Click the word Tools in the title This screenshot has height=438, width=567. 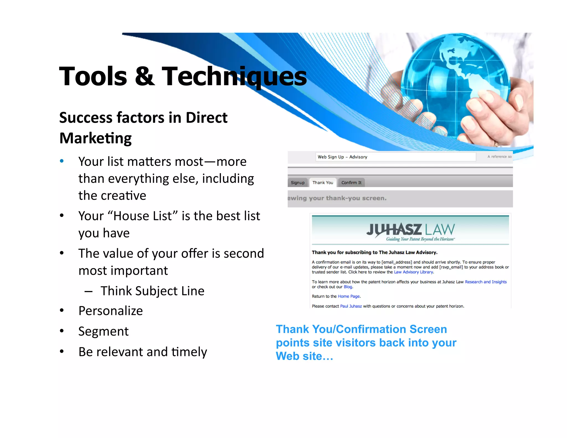click(93, 76)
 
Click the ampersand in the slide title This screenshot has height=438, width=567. click(145, 76)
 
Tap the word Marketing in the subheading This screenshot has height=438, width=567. click(96, 138)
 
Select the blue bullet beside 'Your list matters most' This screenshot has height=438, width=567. click(62, 161)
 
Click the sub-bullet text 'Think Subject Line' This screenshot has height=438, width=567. click(152, 291)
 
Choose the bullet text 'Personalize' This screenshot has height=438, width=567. click(110, 311)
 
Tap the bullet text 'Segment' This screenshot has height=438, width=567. click(103, 331)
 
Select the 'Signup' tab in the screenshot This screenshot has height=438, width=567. click(298, 183)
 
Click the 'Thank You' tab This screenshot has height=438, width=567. click(323, 183)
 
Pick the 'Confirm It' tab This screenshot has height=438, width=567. click(351, 183)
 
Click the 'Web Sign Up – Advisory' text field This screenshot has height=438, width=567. click(395, 157)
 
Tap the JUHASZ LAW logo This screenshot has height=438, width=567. click(410, 231)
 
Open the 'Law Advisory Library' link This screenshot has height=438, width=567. click(413, 272)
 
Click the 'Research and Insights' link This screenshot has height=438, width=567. click(486, 282)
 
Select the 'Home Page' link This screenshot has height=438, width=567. click(349, 296)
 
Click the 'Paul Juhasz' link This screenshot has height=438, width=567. click(351, 306)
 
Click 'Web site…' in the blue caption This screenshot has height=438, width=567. click(304, 356)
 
